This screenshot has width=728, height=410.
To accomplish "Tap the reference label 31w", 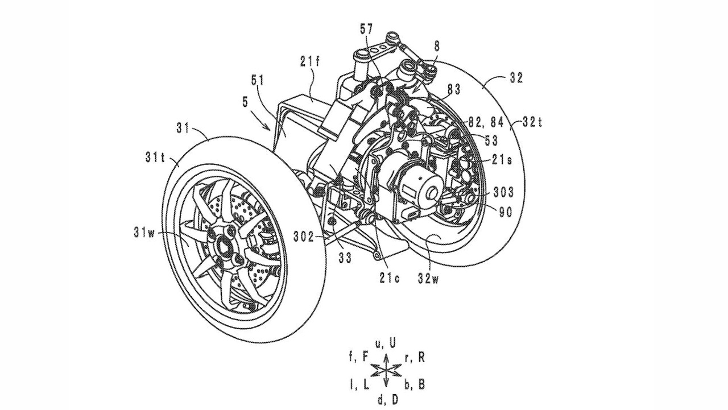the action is click(x=144, y=233).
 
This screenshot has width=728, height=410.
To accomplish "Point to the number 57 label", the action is click(x=367, y=30).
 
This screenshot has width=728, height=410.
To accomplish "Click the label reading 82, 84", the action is click(x=486, y=122).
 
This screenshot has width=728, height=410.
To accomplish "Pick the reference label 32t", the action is click(x=532, y=122).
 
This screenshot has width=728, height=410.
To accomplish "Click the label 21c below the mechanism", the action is click(x=390, y=279).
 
